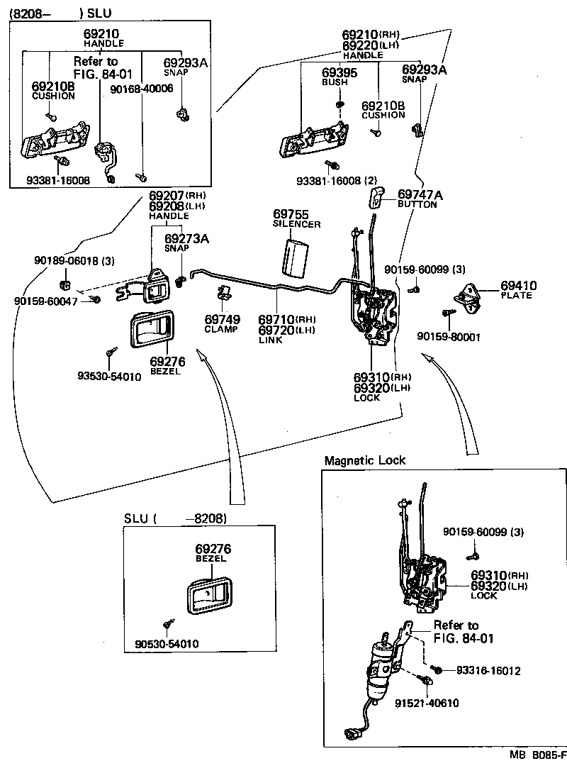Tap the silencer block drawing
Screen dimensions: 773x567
coord(297,257)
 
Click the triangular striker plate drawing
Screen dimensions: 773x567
coord(468,293)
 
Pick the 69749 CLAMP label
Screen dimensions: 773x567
coord(222,323)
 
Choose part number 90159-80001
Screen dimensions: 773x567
coord(449,337)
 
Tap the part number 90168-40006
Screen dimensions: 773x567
coord(142,88)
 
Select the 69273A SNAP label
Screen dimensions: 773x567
coord(186,243)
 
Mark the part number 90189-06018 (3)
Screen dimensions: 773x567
coord(74,261)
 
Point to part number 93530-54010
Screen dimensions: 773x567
coord(110,377)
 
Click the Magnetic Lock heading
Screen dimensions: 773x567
coord(365,460)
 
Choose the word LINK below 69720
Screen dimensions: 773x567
coord(271,340)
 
